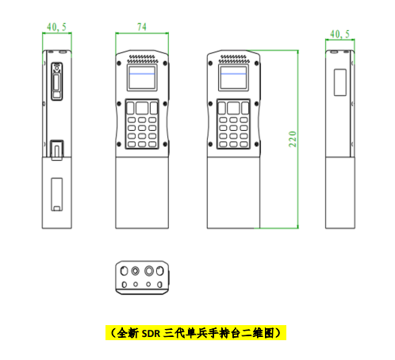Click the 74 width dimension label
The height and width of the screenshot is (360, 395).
click(x=142, y=27)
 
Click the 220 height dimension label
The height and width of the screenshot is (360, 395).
click(x=293, y=139)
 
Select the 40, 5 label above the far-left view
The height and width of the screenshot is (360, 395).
click(x=56, y=27)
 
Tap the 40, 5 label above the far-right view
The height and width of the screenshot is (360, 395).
click(x=339, y=34)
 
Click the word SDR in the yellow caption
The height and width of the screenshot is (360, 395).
click(x=151, y=334)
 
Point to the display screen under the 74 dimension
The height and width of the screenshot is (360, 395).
click(x=142, y=78)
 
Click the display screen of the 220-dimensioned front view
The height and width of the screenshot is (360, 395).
click(x=233, y=78)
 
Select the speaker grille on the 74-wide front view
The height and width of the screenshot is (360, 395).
click(x=142, y=59)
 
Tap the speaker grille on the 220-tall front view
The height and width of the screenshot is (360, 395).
click(x=233, y=59)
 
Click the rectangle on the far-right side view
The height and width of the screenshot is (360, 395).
click(x=340, y=82)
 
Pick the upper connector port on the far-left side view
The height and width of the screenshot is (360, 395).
click(x=56, y=82)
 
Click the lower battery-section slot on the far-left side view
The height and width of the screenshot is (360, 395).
click(x=57, y=194)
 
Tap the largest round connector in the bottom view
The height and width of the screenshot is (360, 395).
click(x=149, y=271)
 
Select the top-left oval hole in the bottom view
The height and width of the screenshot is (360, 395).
click(x=124, y=271)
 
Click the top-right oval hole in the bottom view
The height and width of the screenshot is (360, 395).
click(x=159, y=271)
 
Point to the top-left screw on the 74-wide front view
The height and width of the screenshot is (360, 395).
click(x=119, y=63)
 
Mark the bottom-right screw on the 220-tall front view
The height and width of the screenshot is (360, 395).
click(x=256, y=144)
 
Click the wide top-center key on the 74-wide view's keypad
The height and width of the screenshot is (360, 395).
click(x=142, y=108)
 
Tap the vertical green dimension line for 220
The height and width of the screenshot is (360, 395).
click(x=298, y=139)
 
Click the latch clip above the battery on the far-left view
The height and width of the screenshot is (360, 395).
click(x=57, y=150)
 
